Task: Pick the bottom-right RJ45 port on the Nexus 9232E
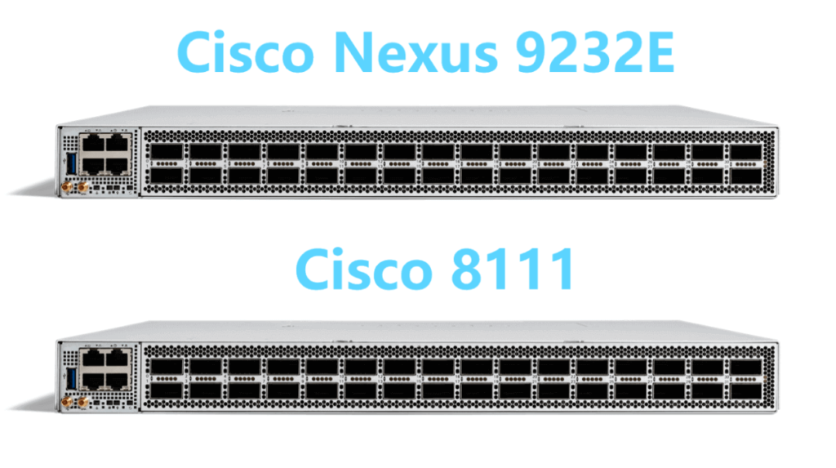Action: (x=118, y=166)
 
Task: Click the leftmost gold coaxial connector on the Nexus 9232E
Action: (x=65, y=188)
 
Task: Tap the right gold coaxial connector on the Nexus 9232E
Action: (x=82, y=188)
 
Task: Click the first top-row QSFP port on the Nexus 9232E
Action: (x=167, y=152)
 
